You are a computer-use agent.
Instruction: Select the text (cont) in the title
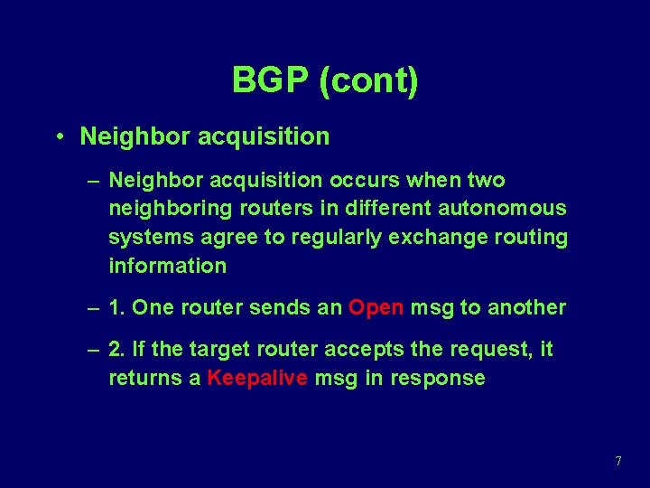pyautogui.click(x=368, y=80)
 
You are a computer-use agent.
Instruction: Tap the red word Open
pyautogui.click(x=376, y=307)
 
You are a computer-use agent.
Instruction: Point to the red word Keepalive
pyautogui.click(x=257, y=378)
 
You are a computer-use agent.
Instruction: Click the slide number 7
pyautogui.click(x=617, y=461)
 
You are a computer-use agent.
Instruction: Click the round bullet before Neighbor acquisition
pyautogui.click(x=57, y=137)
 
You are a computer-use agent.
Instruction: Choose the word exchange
pyautogui.click(x=429, y=237)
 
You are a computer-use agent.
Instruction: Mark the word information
pyautogui.click(x=167, y=266)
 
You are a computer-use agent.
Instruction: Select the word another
pyautogui.click(x=526, y=307)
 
